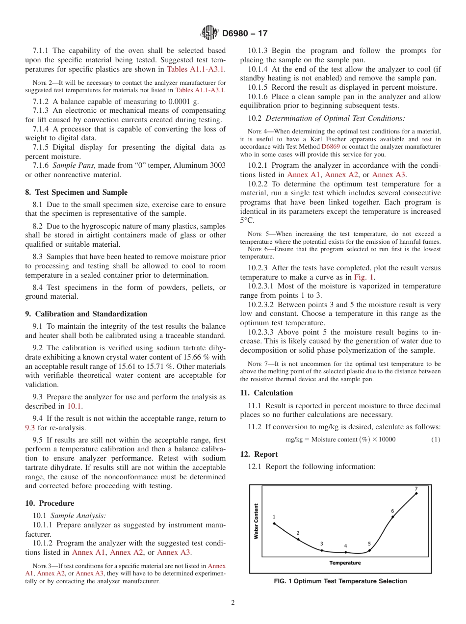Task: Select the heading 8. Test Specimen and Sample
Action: click(x=77, y=192)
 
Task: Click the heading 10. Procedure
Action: click(x=50, y=503)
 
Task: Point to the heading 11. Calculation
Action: click(x=266, y=393)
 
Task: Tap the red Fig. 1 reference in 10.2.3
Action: click(x=364, y=278)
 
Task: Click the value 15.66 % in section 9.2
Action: click(x=190, y=357)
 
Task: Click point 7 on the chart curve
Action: click(x=416, y=494)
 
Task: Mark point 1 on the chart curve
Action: click(x=274, y=523)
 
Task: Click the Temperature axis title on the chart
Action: click(x=345, y=563)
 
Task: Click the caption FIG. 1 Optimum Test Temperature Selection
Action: click(x=340, y=581)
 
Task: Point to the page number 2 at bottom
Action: click(x=233, y=603)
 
